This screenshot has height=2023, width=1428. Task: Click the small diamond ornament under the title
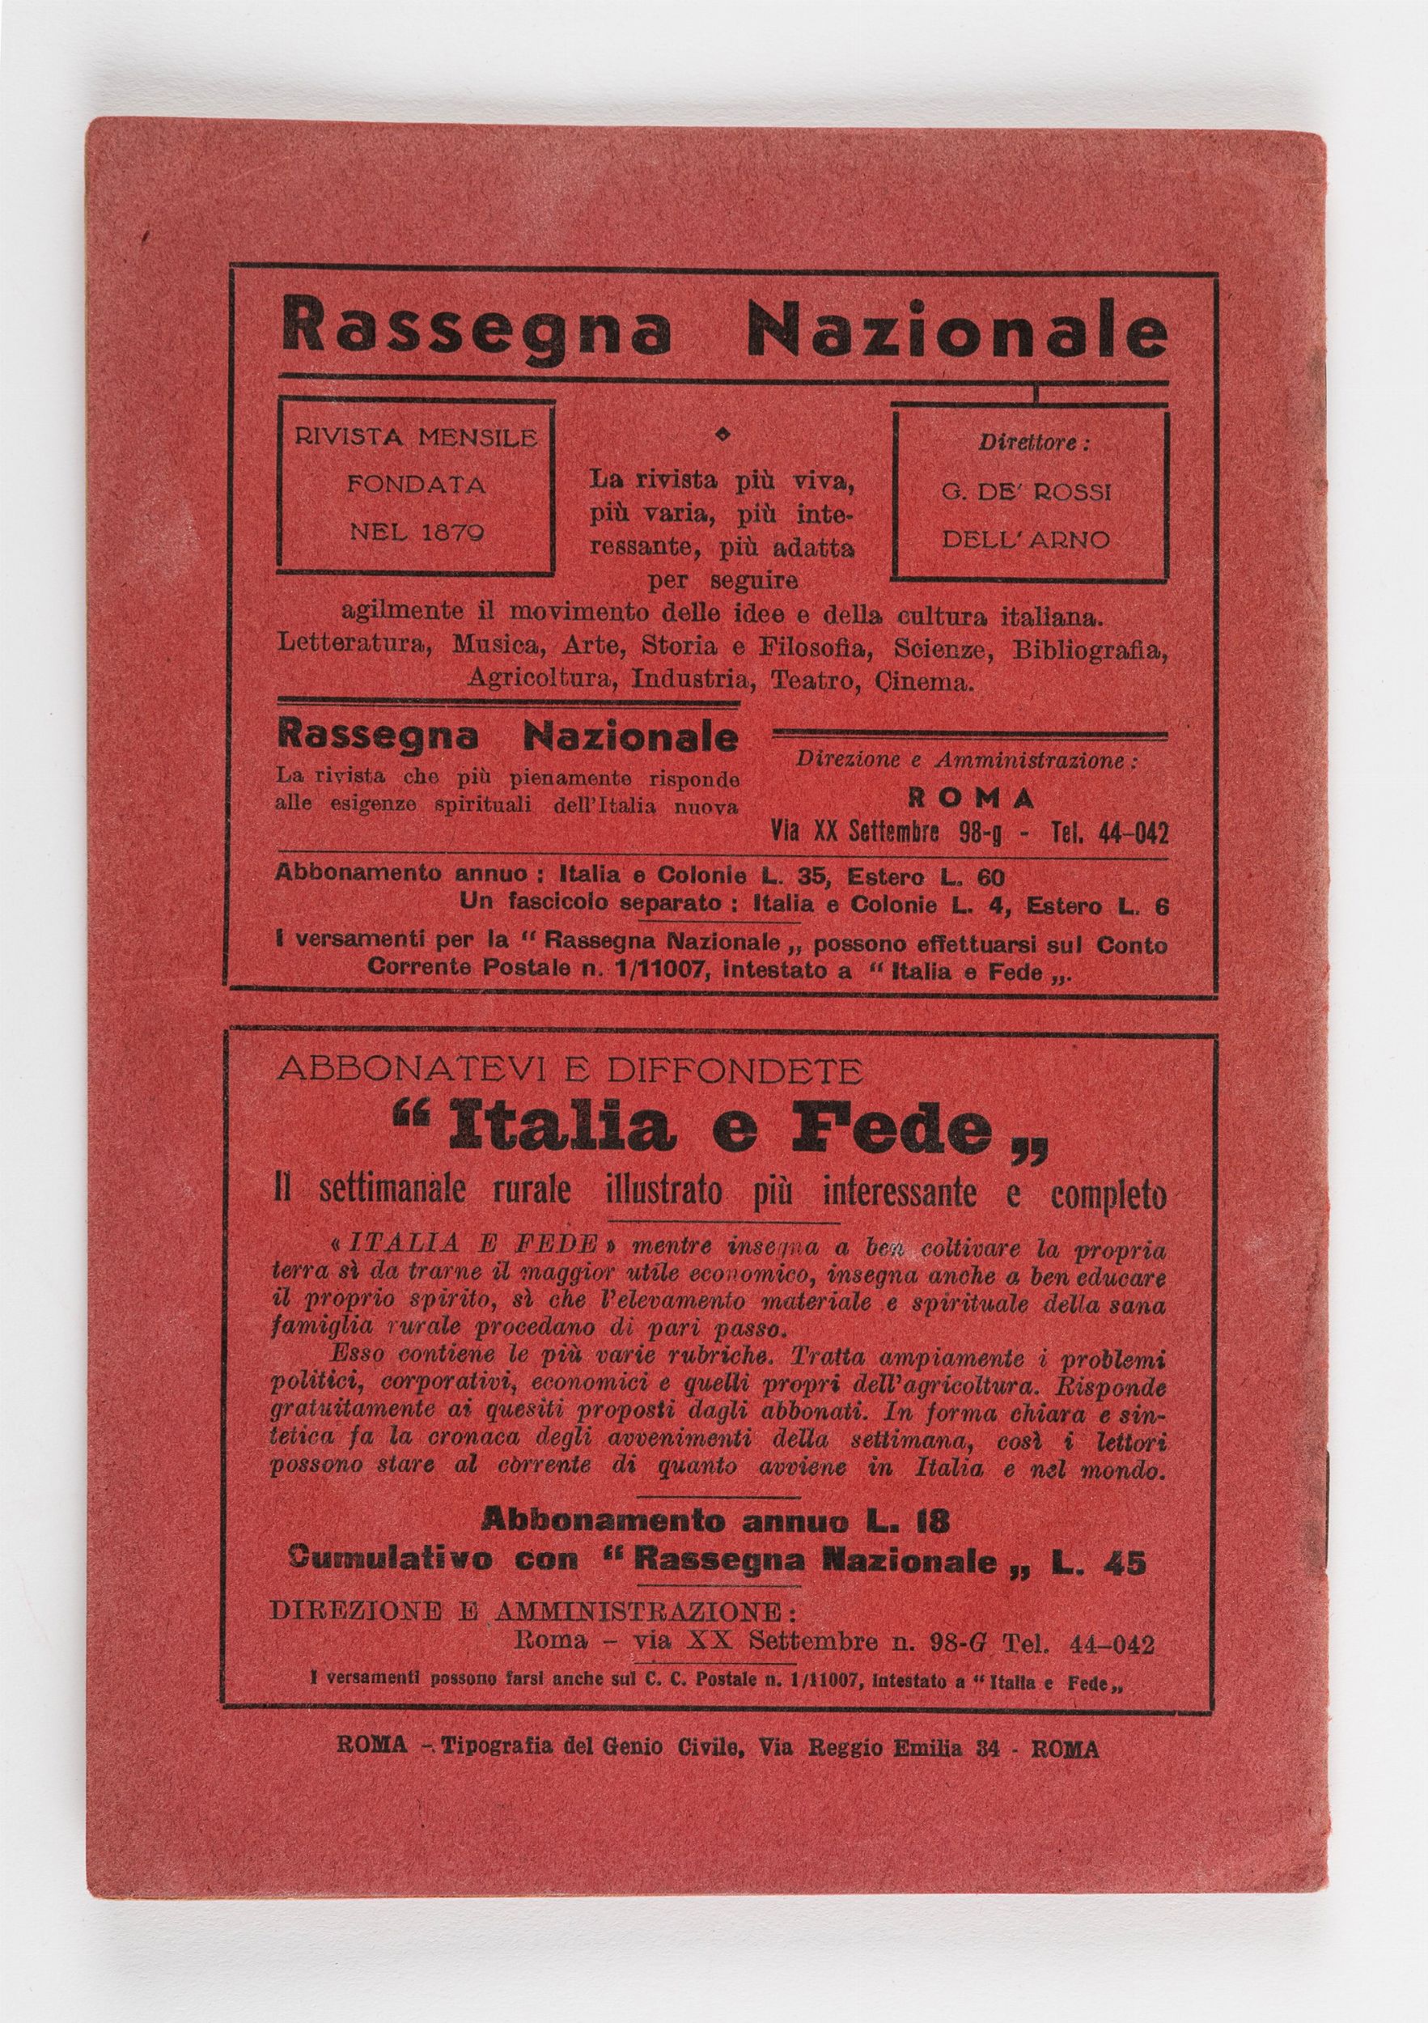[722, 433]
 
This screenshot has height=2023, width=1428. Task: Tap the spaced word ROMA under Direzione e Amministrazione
[972, 798]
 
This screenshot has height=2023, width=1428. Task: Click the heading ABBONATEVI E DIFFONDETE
[569, 1071]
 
